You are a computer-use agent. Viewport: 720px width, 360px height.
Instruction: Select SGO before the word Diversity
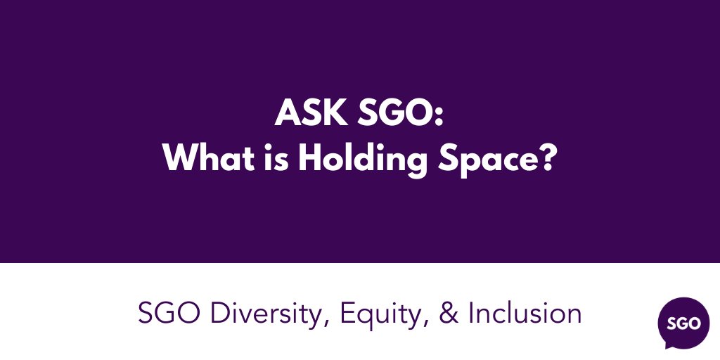(x=167, y=313)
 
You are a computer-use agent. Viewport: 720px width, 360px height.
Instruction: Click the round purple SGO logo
(x=679, y=323)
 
